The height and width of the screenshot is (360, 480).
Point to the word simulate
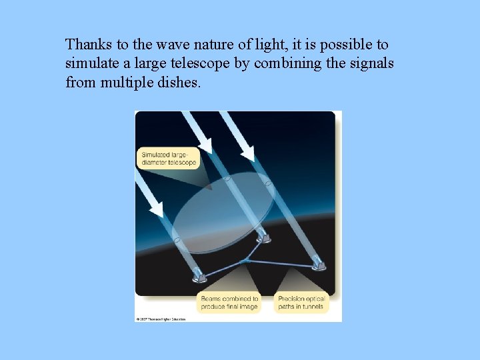point(90,64)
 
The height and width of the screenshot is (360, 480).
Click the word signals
point(371,64)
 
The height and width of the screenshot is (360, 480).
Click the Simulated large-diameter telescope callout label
point(169,159)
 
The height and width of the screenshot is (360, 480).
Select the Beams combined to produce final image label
point(229,303)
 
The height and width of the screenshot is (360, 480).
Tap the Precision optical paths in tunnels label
point(301,303)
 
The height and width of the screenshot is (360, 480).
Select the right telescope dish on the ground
point(319,265)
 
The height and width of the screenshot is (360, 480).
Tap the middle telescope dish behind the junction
point(264,237)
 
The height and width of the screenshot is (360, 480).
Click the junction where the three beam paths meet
point(245,260)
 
